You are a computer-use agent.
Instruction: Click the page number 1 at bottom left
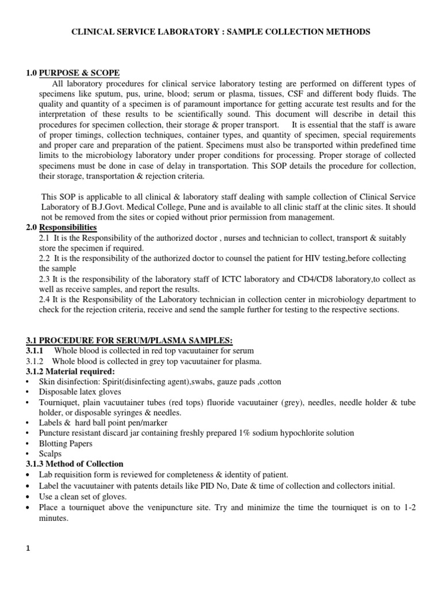[x=28, y=549]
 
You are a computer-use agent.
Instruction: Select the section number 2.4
[x=44, y=299]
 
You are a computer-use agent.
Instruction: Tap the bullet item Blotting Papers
[x=65, y=444]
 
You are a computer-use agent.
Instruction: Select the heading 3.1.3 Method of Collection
[x=74, y=464]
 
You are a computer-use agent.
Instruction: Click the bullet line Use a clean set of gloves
[x=86, y=496]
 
